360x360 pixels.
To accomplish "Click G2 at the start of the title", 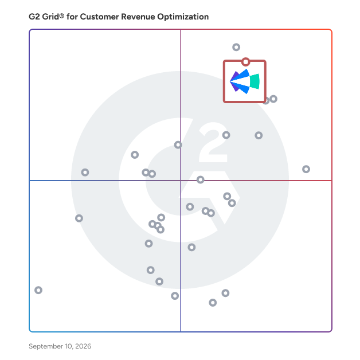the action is click(34, 17).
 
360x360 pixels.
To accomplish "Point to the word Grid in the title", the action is click(50, 17).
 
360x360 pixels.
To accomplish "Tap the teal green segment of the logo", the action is click(255, 81).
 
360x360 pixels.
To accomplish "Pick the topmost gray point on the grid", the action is click(236, 48).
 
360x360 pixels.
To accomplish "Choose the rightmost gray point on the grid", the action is click(306, 169).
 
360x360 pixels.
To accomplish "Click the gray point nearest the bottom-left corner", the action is click(38, 290).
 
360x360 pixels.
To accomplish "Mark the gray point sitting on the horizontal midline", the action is click(201, 180).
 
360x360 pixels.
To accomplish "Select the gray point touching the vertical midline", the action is click(178, 145).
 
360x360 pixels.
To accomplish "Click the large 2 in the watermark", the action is click(213, 142).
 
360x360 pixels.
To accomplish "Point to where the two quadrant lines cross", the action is click(181, 181).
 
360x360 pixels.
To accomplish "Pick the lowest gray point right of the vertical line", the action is click(213, 303).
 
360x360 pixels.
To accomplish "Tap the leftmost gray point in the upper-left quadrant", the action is click(85, 173).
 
